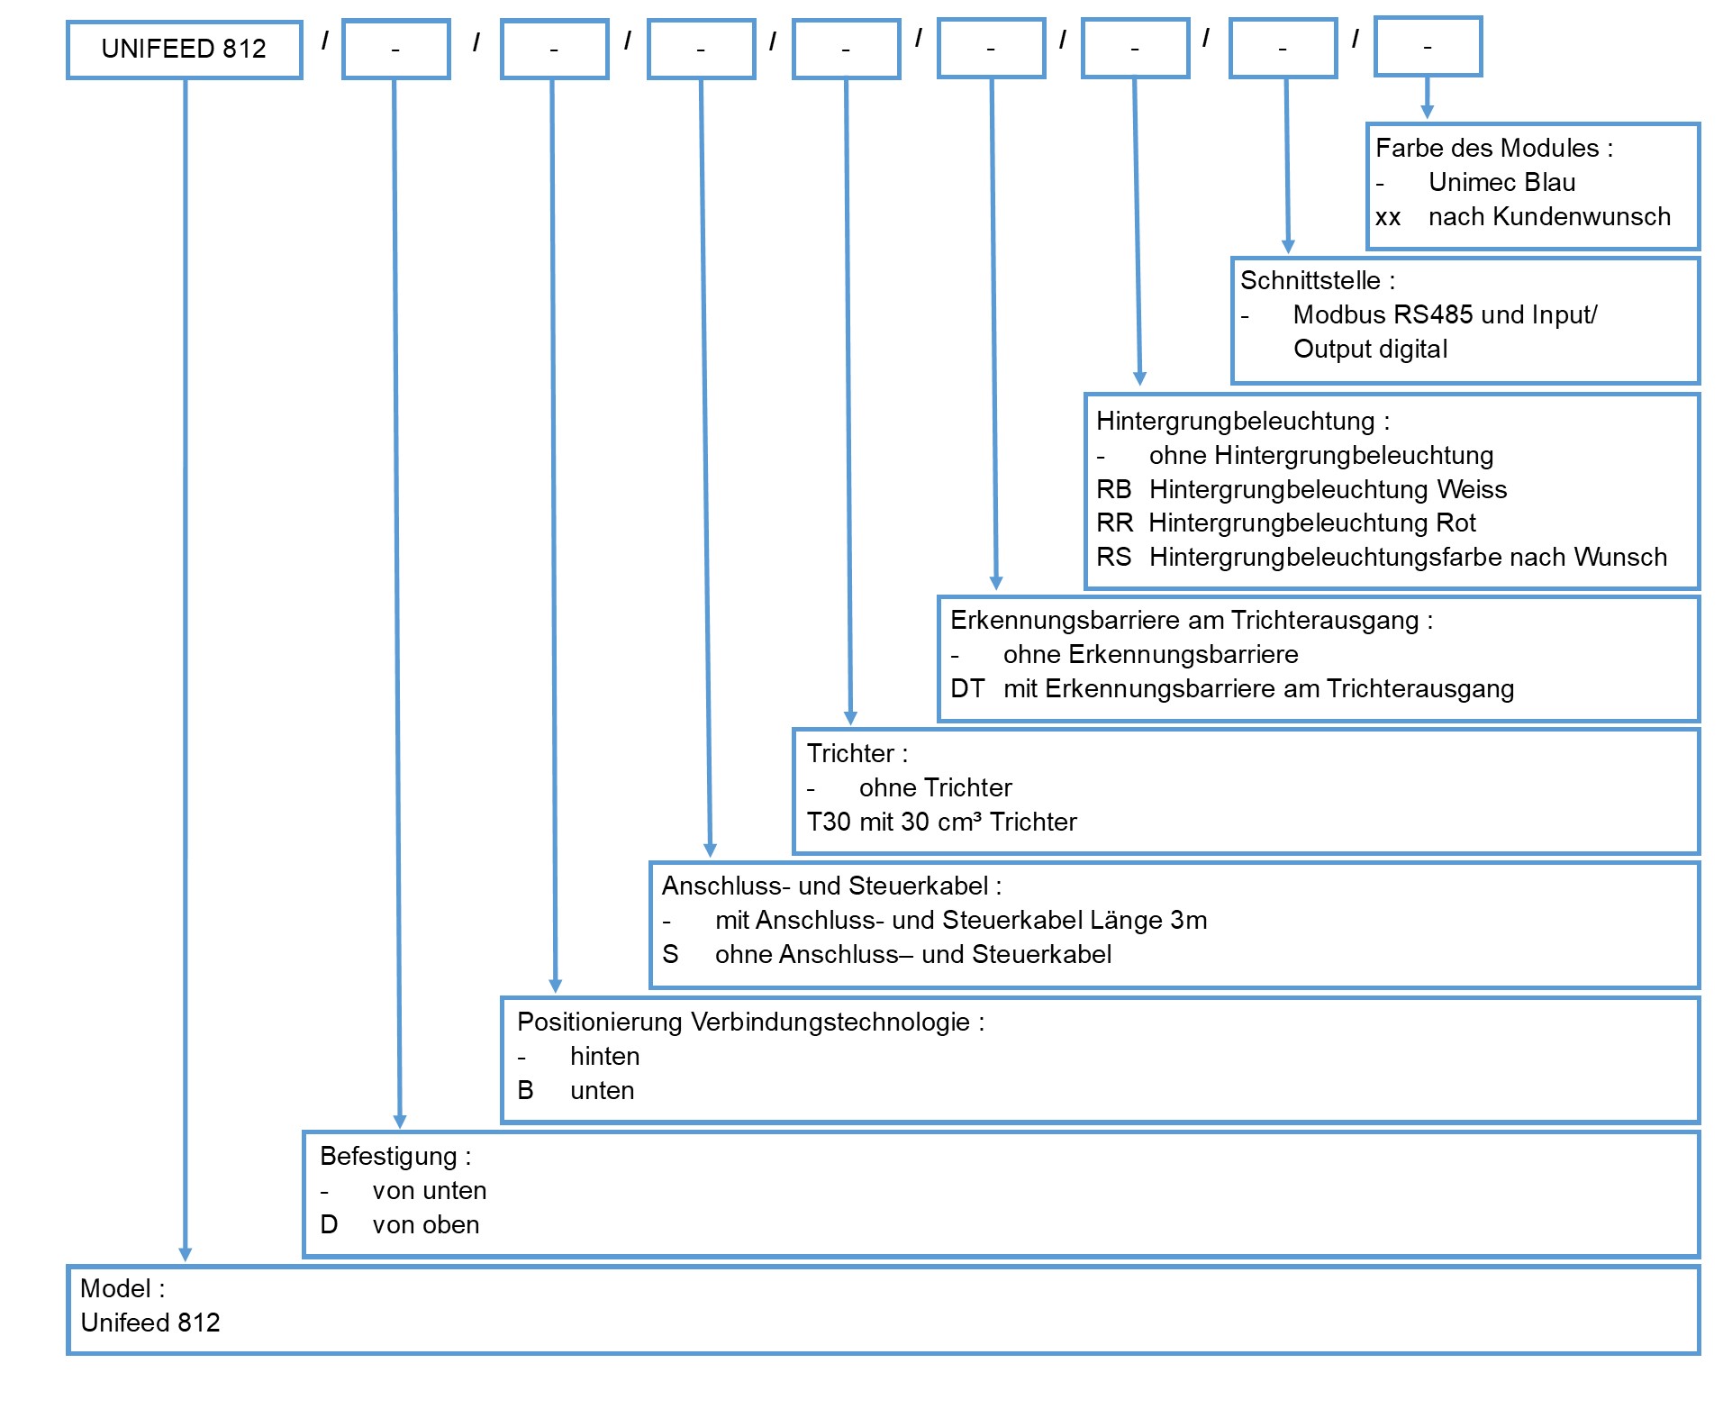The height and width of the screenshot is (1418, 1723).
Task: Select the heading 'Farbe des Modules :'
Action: click(x=1494, y=148)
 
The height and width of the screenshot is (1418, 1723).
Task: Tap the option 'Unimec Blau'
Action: click(x=1501, y=182)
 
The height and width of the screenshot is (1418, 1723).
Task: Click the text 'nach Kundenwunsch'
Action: click(x=1549, y=216)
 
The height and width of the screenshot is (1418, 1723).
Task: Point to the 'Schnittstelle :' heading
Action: click(x=1318, y=280)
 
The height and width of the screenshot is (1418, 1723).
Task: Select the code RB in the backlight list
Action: click(x=1113, y=489)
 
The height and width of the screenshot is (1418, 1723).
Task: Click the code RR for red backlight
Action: click(x=1114, y=523)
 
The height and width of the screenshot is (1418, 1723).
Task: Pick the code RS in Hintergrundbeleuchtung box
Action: click(x=1113, y=557)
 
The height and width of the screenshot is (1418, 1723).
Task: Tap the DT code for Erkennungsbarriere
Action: click(x=967, y=688)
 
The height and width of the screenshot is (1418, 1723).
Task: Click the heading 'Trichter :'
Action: click(x=857, y=753)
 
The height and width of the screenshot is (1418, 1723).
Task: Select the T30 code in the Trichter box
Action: click(x=828, y=822)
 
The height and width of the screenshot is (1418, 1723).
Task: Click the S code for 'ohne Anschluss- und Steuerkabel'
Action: click(x=670, y=954)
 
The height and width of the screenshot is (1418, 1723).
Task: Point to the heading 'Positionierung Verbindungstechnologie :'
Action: click(x=750, y=1022)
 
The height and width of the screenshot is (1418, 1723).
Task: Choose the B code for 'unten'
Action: click(x=525, y=1090)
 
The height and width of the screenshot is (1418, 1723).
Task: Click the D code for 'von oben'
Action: click(x=329, y=1224)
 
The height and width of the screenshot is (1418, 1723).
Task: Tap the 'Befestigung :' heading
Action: click(x=395, y=1156)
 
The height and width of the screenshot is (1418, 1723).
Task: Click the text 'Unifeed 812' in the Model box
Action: click(x=150, y=1323)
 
